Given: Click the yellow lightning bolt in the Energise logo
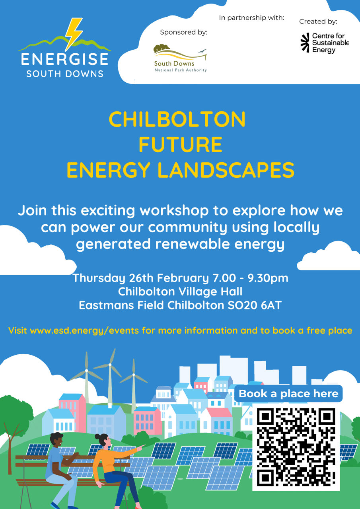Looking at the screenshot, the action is coord(73,34).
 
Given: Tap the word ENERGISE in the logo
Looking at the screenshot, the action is coord(65,59).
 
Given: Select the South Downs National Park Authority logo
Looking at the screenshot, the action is coord(180,58).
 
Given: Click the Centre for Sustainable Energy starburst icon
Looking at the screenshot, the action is coord(305,43).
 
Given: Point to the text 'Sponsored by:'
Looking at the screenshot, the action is coord(184,32).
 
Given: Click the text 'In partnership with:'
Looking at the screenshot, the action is coord(251,18).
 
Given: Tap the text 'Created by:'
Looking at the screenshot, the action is coord(318,21).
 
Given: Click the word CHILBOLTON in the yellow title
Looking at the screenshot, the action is coord(177,119).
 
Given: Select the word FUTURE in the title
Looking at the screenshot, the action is coord(180,144).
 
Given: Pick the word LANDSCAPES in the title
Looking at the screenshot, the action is coord(226,170).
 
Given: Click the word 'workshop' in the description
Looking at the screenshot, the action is coord(174,211).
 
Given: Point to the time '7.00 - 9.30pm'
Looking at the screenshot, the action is coord(251,278).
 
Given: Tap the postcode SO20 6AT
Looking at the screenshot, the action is coord(255,305).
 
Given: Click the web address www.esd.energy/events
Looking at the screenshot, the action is coord(84,330).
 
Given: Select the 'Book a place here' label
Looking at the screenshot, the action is coord(288,394).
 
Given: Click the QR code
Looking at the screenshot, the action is coord(296,447).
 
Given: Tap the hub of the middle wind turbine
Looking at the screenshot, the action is coord(110,365).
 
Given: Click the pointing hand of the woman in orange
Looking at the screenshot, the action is coord(141,447).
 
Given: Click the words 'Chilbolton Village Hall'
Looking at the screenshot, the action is coord(180,291).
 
